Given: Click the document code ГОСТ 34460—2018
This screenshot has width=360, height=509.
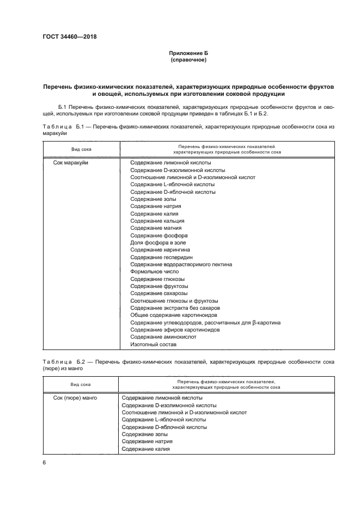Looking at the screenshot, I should point(66,37).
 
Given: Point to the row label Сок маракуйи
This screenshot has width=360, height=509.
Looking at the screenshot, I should point(71,162).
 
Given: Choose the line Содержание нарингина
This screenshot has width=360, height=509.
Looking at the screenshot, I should point(160,250).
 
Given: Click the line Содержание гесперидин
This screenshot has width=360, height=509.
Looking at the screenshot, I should point(161,257).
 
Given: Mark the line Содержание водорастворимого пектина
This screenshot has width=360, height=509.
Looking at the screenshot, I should point(181,265).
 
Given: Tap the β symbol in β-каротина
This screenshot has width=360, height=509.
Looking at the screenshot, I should point(249,323).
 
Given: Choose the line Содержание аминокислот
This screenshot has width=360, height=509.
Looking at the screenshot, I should point(163,337).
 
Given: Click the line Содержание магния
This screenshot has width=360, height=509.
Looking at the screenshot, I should point(156,228).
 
